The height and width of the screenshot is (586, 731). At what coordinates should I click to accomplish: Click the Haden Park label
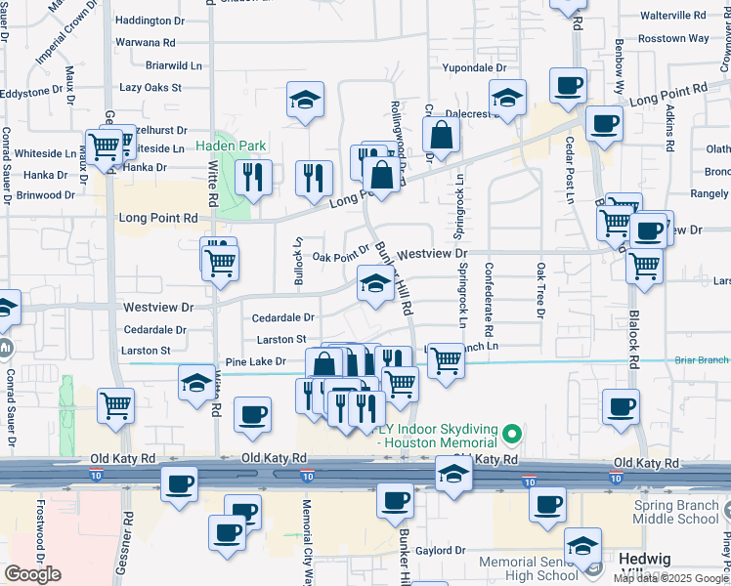click(231, 146)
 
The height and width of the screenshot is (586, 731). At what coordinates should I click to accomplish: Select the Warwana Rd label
click(145, 43)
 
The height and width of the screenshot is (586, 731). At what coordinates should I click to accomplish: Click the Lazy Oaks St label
click(150, 88)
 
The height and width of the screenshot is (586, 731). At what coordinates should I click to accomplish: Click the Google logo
click(32, 574)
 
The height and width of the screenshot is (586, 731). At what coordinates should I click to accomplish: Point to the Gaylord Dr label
click(441, 551)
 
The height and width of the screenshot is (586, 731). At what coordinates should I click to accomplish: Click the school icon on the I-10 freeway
click(453, 474)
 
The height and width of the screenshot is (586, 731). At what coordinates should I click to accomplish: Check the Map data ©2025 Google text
click(671, 578)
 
